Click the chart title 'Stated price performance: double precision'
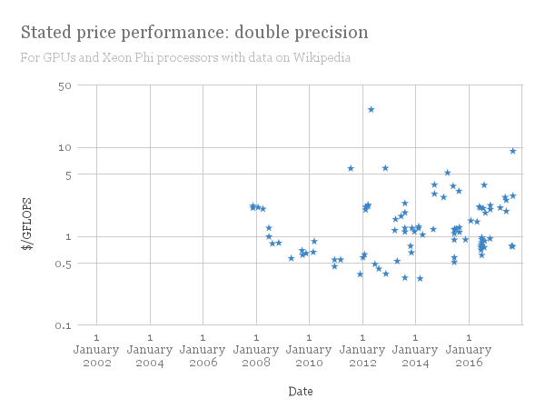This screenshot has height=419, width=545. click(194, 33)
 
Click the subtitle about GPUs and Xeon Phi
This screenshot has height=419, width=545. click(185, 57)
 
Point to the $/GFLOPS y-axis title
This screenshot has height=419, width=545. click(28, 205)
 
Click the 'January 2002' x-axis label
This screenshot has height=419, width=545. click(96, 351)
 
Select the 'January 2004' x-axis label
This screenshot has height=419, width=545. click(150, 351)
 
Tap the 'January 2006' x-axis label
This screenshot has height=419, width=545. click(203, 351)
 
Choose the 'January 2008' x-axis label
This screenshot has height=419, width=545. click(256, 351)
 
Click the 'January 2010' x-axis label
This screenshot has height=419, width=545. click(309, 351)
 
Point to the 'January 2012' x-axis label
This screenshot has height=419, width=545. click(362, 351)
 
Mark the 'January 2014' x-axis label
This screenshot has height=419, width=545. click(415, 351)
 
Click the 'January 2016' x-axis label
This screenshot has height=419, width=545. click(469, 351)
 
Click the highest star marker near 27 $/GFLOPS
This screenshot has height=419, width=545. click(371, 110)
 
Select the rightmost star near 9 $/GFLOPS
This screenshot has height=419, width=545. click(513, 151)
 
